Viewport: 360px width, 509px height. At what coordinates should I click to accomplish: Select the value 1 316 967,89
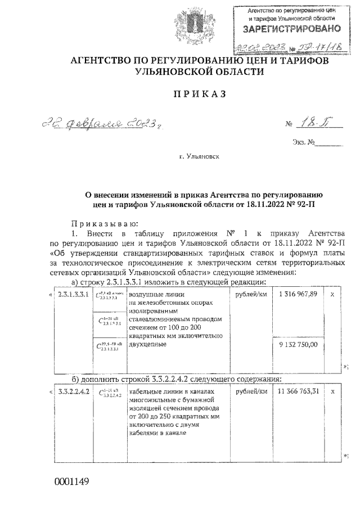[299, 294]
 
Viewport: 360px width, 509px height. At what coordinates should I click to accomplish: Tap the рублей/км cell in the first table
[251, 294]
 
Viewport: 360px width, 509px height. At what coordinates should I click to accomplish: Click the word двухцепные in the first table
[148, 344]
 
